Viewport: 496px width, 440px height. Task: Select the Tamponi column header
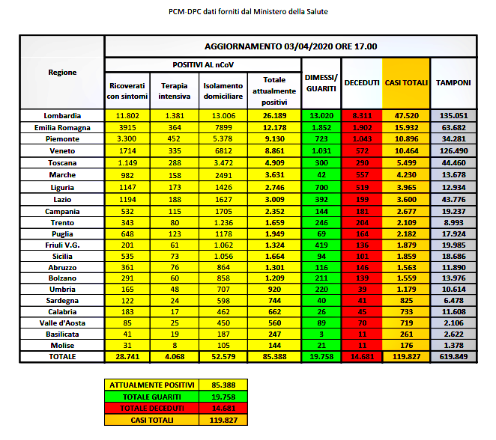click(x=453, y=82)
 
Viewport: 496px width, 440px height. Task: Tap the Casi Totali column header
click(x=405, y=82)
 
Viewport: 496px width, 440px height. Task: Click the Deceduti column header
click(x=362, y=82)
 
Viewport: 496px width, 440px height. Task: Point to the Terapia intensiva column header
click(x=174, y=91)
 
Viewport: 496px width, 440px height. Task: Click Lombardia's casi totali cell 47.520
click(x=405, y=116)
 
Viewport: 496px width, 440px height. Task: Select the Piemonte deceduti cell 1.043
click(x=362, y=139)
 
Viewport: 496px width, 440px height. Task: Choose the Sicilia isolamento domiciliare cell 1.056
click(x=223, y=256)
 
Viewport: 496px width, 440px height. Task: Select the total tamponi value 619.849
click(x=453, y=358)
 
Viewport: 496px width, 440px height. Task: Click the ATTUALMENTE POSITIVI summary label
click(x=151, y=384)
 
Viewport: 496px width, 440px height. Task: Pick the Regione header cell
click(x=62, y=72)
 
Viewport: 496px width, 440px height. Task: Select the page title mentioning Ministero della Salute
click(x=248, y=12)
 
